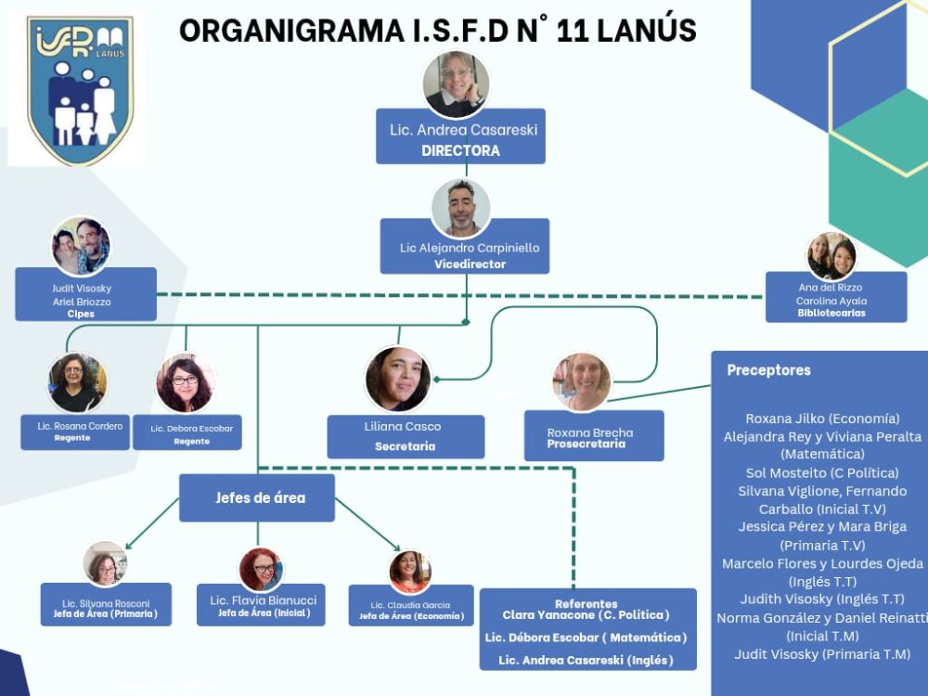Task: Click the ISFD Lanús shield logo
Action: click(x=80, y=89)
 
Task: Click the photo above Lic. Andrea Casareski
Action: click(x=456, y=84)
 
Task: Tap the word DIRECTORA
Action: click(x=460, y=150)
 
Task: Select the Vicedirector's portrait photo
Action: click(x=461, y=209)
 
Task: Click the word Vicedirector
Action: click(x=470, y=264)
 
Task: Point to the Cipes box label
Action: click(x=82, y=314)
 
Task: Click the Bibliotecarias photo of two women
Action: click(x=831, y=256)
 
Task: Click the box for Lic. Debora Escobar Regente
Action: click(x=187, y=432)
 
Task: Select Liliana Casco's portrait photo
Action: click(x=398, y=379)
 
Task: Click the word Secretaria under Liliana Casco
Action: click(x=405, y=446)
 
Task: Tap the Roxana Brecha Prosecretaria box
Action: click(x=593, y=437)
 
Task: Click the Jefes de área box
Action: click(x=257, y=498)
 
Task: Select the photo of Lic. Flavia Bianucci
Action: click(x=261, y=569)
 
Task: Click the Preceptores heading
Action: click(x=768, y=370)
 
